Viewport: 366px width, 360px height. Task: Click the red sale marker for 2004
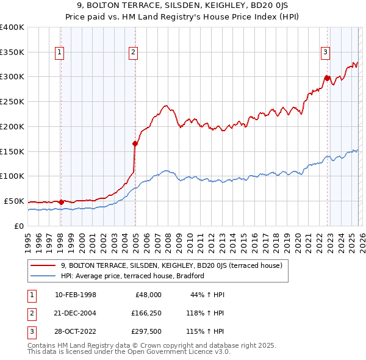pos(135,143)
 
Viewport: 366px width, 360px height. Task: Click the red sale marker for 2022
pos(327,77)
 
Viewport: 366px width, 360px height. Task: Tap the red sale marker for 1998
pos(61,201)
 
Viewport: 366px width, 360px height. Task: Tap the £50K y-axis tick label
pos(14,201)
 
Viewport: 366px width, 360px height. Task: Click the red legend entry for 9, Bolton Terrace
pos(171,265)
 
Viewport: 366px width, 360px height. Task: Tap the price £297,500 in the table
pos(145,331)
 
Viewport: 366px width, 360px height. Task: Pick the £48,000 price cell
pos(147,295)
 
